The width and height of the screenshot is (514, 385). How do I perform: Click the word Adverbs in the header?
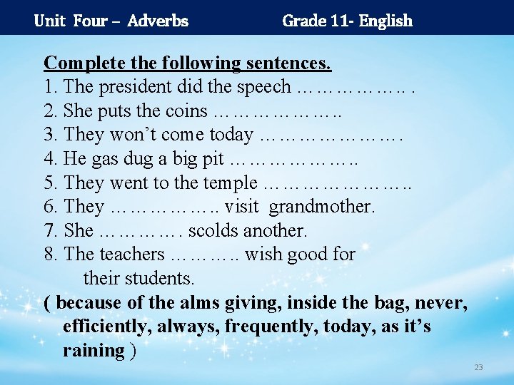158,21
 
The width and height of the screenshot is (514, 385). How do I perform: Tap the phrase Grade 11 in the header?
315,21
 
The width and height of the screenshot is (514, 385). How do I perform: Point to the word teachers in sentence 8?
133,255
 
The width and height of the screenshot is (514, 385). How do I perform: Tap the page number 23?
478,367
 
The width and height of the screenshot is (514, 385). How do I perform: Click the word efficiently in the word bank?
108,327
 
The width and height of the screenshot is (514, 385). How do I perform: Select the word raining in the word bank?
94,351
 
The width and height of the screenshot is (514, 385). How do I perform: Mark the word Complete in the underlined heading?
80,63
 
